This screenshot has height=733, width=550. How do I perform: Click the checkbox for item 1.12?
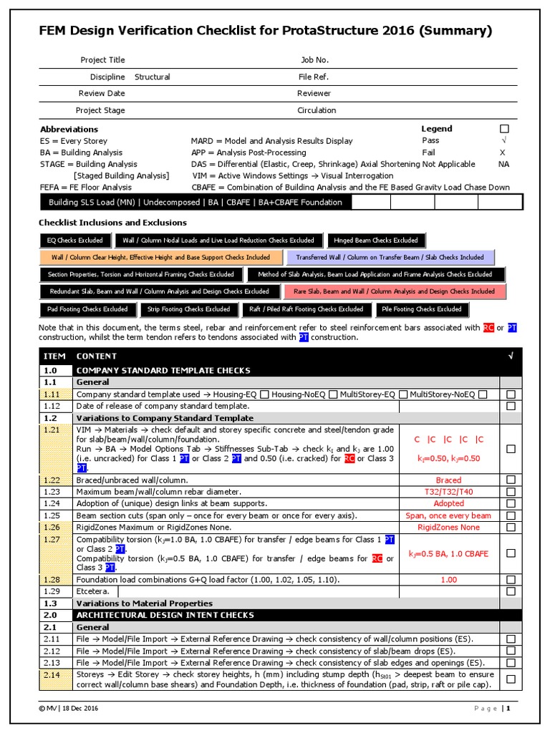(511, 406)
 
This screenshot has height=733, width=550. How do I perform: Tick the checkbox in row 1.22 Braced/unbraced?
(511, 480)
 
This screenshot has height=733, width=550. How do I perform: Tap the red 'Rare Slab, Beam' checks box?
(395, 291)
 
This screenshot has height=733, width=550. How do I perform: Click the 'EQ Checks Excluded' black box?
(74, 241)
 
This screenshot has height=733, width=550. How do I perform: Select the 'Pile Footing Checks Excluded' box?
(421, 309)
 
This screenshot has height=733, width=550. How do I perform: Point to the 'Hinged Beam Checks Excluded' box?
(376, 241)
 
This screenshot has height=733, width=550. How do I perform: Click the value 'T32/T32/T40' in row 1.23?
(448, 492)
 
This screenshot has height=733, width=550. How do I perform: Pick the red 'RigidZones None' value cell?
(448, 528)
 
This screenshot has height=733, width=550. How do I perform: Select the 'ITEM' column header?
(54, 356)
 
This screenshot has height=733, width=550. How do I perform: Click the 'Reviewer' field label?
(314, 93)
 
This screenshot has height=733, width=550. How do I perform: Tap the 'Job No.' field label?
(314, 60)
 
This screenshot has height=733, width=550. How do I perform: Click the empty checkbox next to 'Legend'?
(503, 129)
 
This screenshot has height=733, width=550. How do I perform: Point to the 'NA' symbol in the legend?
(503, 164)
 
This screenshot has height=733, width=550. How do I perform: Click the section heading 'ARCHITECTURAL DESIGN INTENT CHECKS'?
(165, 615)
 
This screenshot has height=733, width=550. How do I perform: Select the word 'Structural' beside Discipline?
(153, 77)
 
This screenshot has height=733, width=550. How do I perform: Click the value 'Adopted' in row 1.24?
(448, 503)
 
